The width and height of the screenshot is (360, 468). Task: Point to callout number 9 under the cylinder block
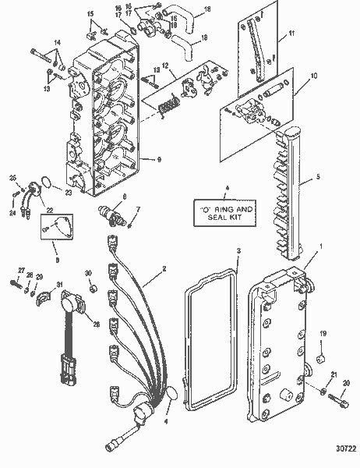tap(159, 159)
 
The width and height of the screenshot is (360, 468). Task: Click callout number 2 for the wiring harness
tap(164, 269)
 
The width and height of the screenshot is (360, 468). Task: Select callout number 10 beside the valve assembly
tap(314, 76)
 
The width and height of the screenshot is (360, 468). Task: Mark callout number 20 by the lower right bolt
tap(346, 381)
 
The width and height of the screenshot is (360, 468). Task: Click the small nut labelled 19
tap(319, 360)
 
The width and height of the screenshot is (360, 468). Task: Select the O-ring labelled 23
tap(48, 183)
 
